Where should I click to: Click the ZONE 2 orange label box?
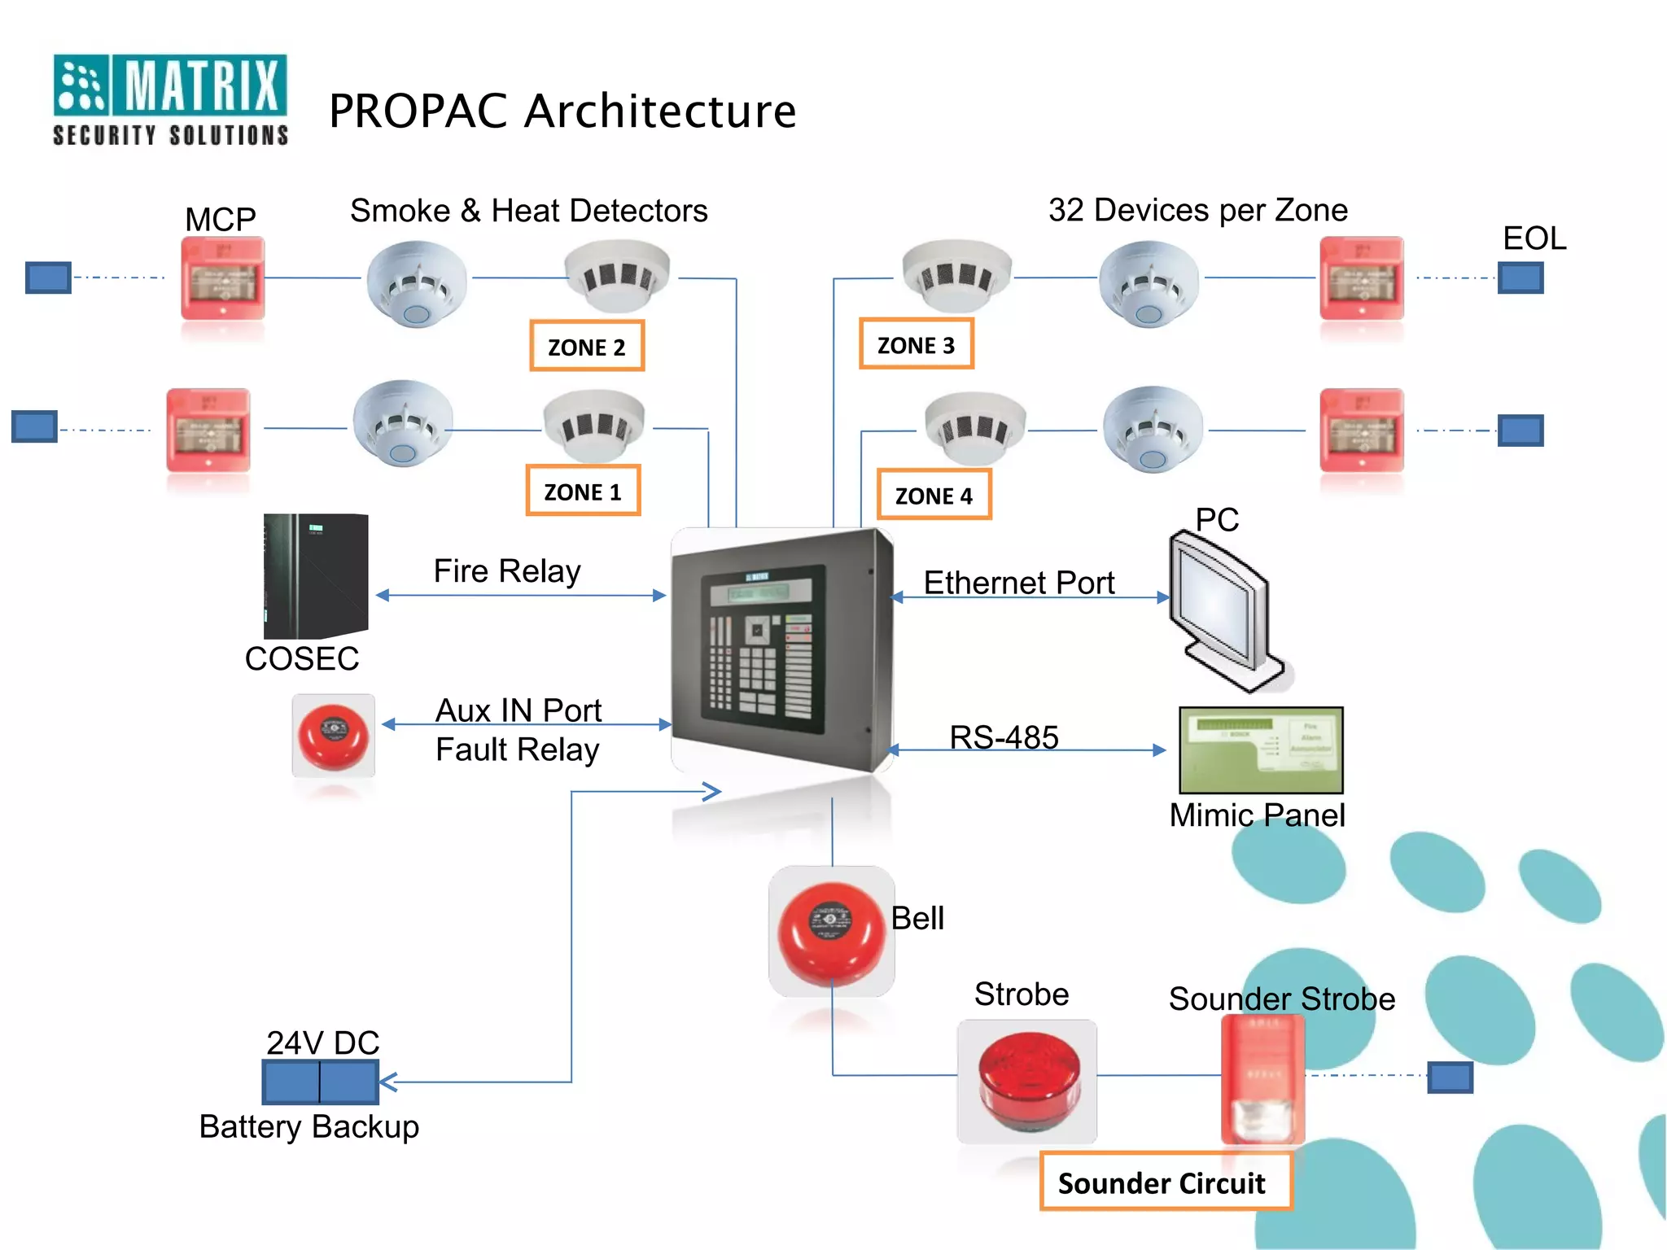587,346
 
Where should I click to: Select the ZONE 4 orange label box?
934,495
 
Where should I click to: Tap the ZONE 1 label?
583,491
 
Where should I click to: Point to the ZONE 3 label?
916,344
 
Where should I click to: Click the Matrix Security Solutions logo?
170,99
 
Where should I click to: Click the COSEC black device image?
316,575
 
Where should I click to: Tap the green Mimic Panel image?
1261,750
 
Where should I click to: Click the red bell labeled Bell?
831,932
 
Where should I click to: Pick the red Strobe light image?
1027,1081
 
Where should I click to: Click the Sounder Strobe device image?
1262,1078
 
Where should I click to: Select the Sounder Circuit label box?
1165,1182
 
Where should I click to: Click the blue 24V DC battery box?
321,1082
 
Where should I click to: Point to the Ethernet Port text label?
1018,583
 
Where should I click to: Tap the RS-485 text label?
1004,736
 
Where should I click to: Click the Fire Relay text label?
507,570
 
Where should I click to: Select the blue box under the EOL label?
1520,278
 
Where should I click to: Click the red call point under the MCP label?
222,278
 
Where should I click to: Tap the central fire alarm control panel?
781,649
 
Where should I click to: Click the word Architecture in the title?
660,111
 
